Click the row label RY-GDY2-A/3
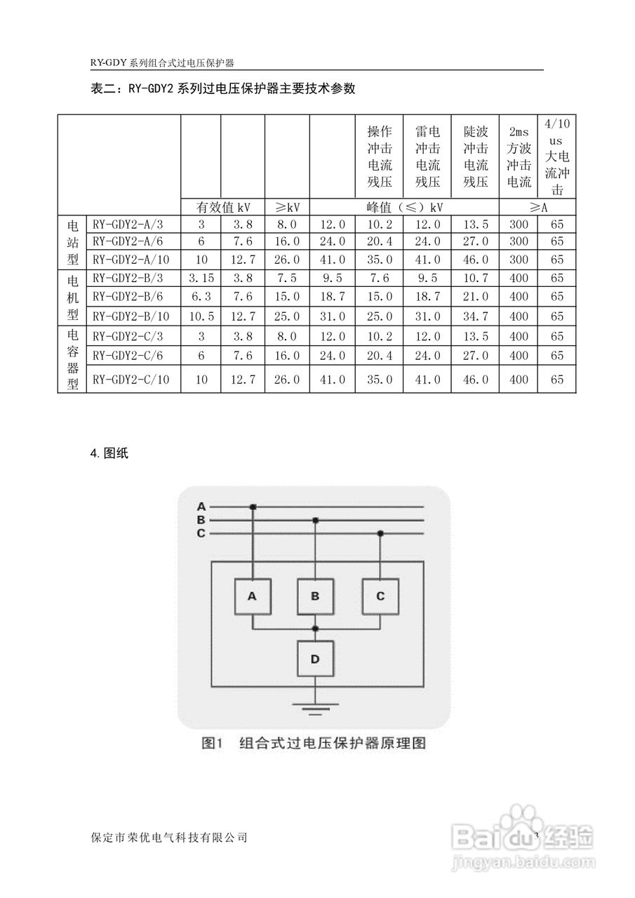coord(128,224)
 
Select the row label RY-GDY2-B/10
coord(131,316)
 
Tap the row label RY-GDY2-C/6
coord(128,356)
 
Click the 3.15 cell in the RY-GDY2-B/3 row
coord(201,277)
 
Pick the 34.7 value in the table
coord(476,316)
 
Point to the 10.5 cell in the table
coord(201,316)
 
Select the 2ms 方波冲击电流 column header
coord(519,156)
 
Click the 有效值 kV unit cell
coord(222,207)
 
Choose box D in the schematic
coord(315,659)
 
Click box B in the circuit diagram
coord(315,596)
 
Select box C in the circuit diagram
coord(380,596)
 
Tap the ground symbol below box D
coord(315,706)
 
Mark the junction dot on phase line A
coord(253,506)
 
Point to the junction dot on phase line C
coord(380,533)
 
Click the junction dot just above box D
coord(315,628)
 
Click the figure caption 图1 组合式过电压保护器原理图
coord(314,742)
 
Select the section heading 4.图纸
coord(109,453)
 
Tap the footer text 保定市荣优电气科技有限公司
coord(170,837)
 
